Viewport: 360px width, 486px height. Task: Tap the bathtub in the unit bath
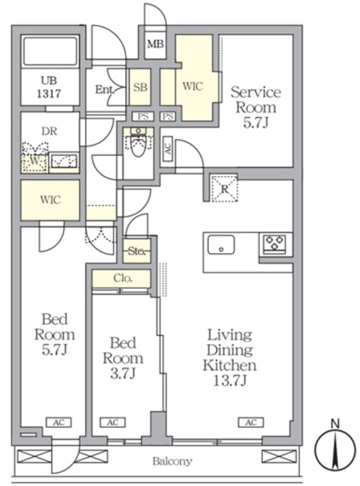pos(50,52)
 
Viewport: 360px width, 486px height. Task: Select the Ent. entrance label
pos(105,89)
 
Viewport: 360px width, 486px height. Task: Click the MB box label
pos(155,45)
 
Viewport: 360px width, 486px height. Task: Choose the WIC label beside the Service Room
pos(193,87)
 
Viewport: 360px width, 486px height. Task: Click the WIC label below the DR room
pos(49,200)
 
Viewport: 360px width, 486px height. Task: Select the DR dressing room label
pos(49,130)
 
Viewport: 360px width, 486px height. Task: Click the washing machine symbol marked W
pos(33,160)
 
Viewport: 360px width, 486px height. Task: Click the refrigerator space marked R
pos(225,188)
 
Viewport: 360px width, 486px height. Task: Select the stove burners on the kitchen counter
pos(274,245)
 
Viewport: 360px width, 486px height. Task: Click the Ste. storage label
pos(137,249)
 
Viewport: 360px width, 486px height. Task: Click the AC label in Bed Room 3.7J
pos(112,422)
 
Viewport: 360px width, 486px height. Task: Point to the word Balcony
pos(172,461)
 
